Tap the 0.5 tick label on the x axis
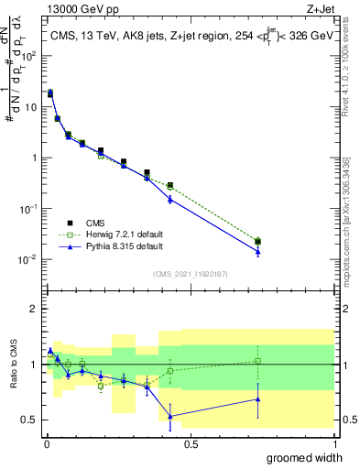point(190,443)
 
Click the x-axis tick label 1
point(333,443)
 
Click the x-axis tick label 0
point(46,443)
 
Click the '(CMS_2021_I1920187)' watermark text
point(190,273)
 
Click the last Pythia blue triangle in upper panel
point(257,252)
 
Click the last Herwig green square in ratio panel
point(257,361)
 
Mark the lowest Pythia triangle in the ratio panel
point(170,416)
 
